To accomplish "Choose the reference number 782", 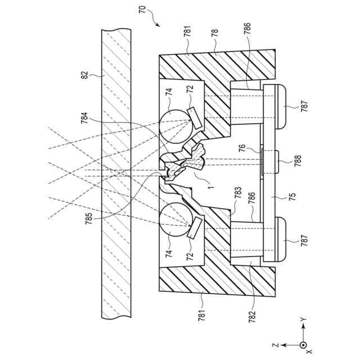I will point(252,316).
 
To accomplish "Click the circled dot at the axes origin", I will point(303,344).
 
